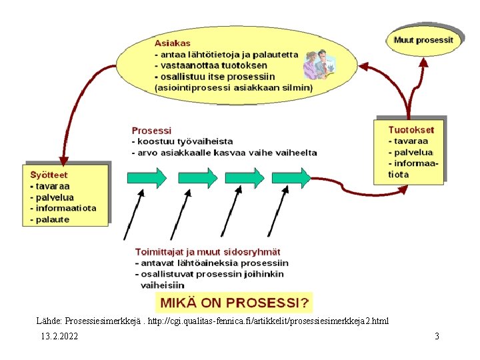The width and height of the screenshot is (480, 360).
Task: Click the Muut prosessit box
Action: pos(423,40)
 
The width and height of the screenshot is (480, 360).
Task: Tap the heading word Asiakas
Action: pos(172,43)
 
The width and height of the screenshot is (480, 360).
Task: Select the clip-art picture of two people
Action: pos(319,65)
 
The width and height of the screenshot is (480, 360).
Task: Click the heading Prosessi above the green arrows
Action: pos(151,131)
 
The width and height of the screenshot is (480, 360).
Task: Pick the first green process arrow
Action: pos(147,177)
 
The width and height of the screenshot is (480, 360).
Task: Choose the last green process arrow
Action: pos(292,177)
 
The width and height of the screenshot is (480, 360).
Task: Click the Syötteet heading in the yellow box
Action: pos(49,175)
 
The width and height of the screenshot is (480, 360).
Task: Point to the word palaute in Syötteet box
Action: pos(52,219)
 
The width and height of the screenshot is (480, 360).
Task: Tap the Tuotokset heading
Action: pos(411,130)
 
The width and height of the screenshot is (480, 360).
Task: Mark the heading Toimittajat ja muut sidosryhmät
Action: pos(207,252)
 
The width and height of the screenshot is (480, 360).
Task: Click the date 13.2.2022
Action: pos(59,336)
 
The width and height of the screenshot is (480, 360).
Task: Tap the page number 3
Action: pos(437,336)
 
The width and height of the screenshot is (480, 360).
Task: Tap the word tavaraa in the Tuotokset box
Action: pos(413,141)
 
